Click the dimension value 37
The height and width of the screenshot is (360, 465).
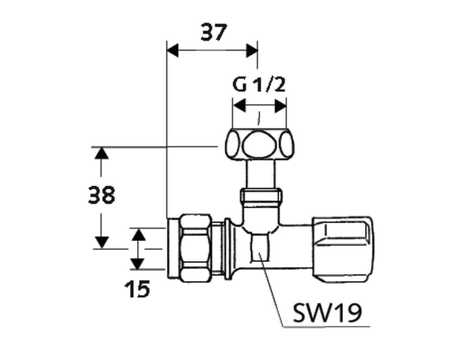(214, 33)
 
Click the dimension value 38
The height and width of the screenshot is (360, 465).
(102, 196)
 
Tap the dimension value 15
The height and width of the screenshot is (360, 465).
(137, 290)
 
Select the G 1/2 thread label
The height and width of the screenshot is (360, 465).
(259, 85)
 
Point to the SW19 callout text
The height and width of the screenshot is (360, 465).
(327, 314)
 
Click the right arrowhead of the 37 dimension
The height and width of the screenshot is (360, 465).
(252, 50)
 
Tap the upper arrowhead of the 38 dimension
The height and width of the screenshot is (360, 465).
(102, 153)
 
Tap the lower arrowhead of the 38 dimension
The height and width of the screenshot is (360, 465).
(102, 242)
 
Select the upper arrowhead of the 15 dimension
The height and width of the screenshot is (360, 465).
(138, 234)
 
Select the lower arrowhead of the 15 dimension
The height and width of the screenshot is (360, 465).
(138, 263)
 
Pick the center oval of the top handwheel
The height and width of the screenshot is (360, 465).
(258, 144)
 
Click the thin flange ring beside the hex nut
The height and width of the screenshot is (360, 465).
(227, 248)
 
